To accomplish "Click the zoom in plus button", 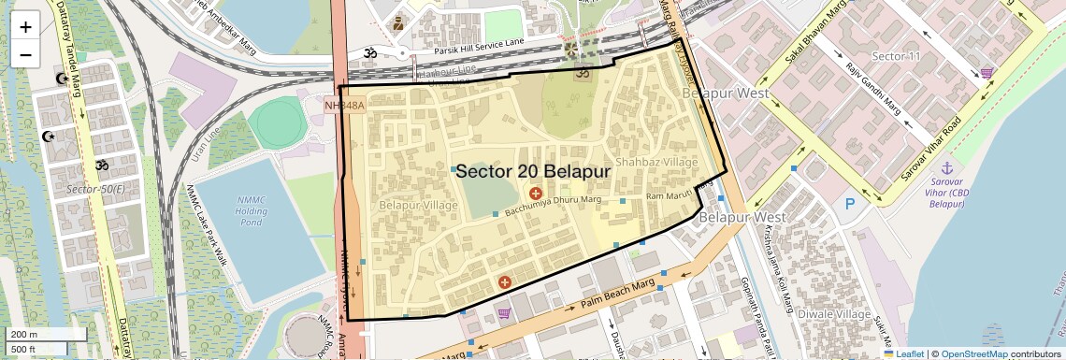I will point(25,26).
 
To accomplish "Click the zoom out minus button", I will point(25,54).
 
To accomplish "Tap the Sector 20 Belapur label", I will point(533,171).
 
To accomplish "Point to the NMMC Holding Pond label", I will point(252,210).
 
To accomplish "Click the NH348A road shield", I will point(343,106).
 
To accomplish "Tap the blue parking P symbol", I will point(849,204).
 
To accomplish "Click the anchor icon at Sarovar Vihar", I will point(946,166).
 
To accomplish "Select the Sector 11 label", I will point(896,56).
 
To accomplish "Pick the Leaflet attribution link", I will point(902,353).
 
